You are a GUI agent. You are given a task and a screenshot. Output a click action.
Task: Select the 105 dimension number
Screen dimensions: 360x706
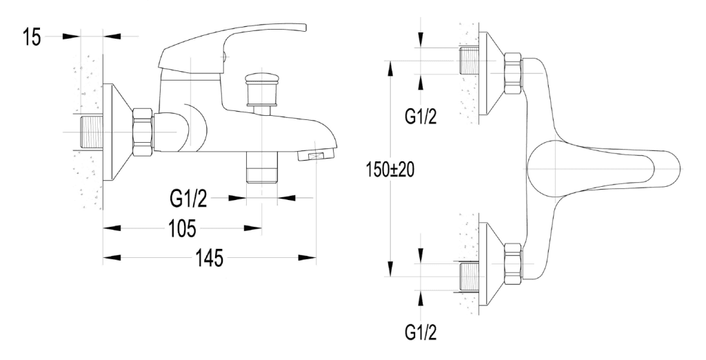point(183,228)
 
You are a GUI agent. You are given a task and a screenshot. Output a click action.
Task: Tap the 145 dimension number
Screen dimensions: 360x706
point(208,259)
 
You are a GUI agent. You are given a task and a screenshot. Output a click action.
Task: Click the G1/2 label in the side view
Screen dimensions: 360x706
point(188,199)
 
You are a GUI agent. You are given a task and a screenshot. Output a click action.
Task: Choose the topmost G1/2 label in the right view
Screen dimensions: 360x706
point(420,117)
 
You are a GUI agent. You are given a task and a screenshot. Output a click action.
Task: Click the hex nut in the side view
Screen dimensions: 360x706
point(143,132)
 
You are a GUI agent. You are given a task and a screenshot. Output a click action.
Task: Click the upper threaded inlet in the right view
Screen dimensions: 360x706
point(470,60)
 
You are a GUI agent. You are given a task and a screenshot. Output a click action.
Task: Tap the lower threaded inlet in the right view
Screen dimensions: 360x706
point(470,275)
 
